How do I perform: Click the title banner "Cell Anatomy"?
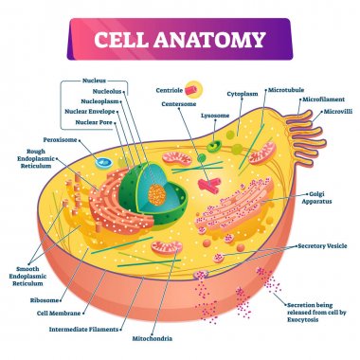[x=179, y=40]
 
